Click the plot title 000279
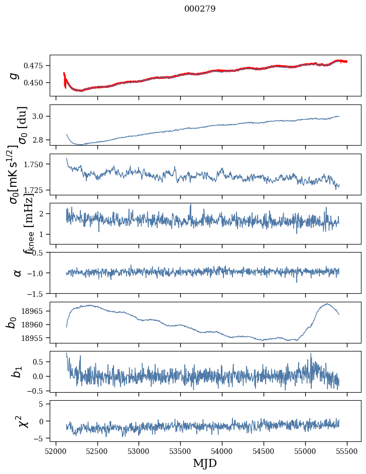200,9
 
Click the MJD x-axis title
205,463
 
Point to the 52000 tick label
56,450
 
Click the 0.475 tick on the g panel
36,66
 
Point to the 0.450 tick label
36,82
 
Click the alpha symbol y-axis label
18,273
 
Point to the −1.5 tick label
36,293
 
